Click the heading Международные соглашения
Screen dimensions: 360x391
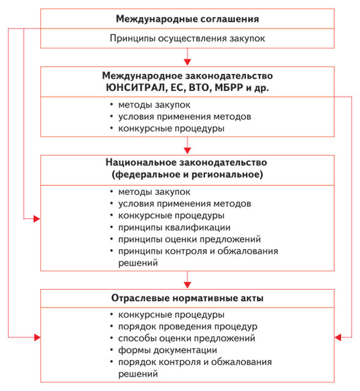pos(187,19)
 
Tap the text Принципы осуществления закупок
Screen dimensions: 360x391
pos(187,38)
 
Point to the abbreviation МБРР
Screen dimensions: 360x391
pos(229,88)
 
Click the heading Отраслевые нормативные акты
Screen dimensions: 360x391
pos(187,298)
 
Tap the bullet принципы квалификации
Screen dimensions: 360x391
pos(175,227)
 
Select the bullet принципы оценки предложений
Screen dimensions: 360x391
pos(190,239)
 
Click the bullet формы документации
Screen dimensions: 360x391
pos(168,350)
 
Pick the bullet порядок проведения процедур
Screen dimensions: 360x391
pos(188,326)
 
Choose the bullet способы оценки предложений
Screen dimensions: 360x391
pos(187,338)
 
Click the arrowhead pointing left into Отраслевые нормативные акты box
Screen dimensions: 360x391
pos(338,338)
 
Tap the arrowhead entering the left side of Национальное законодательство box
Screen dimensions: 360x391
pos(37,219)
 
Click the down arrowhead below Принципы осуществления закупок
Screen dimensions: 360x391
pos(187,62)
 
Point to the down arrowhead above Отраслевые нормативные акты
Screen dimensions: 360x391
pos(187,285)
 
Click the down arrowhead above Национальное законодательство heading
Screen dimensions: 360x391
pos(187,151)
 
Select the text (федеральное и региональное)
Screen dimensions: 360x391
pos(187,174)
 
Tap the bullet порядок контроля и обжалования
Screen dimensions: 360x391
pos(195,362)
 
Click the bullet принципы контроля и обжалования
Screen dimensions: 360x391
pos(198,251)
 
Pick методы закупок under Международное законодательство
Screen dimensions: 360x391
pos(154,105)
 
